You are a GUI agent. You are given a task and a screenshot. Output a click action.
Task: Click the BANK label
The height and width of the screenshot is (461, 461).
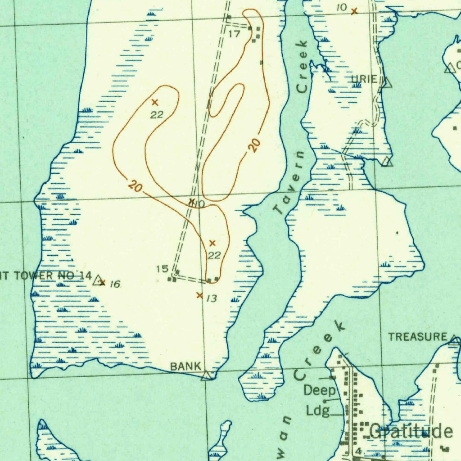(185, 366)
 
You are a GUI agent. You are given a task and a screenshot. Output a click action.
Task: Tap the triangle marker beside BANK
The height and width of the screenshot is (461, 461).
(207, 375)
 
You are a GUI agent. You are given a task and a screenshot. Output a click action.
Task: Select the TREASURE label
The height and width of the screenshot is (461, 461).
(418, 337)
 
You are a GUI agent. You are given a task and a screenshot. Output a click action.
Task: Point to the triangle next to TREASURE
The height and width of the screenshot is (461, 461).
(455, 340)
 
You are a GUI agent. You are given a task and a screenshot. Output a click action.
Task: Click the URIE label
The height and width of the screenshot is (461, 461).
(364, 80)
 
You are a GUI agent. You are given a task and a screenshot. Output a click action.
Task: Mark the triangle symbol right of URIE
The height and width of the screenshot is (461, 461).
(386, 82)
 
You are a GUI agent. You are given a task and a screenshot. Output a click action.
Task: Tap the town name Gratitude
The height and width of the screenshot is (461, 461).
(411, 432)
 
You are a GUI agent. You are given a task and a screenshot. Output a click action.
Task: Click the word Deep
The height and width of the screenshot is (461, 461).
(320, 390)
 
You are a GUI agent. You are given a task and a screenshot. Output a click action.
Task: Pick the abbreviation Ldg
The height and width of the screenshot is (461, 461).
(318, 411)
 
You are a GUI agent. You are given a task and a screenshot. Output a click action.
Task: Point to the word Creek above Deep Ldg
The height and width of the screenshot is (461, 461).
(319, 351)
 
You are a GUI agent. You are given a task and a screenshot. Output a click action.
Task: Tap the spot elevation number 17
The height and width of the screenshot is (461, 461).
(234, 34)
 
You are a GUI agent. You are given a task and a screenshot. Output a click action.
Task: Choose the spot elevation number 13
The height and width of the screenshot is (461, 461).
(212, 298)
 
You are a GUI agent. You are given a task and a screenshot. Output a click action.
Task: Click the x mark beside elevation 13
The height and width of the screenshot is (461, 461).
(199, 295)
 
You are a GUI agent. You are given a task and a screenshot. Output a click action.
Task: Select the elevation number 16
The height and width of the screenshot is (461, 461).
(115, 284)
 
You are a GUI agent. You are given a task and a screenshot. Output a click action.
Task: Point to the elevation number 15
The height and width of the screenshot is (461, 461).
(162, 269)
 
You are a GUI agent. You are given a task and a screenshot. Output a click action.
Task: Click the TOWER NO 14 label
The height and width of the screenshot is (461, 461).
(45, 276)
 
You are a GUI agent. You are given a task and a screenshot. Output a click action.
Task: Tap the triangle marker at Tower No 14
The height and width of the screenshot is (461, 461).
(98, 281)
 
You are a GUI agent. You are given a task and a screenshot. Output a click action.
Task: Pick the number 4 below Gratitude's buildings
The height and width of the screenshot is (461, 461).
(358, 451)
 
